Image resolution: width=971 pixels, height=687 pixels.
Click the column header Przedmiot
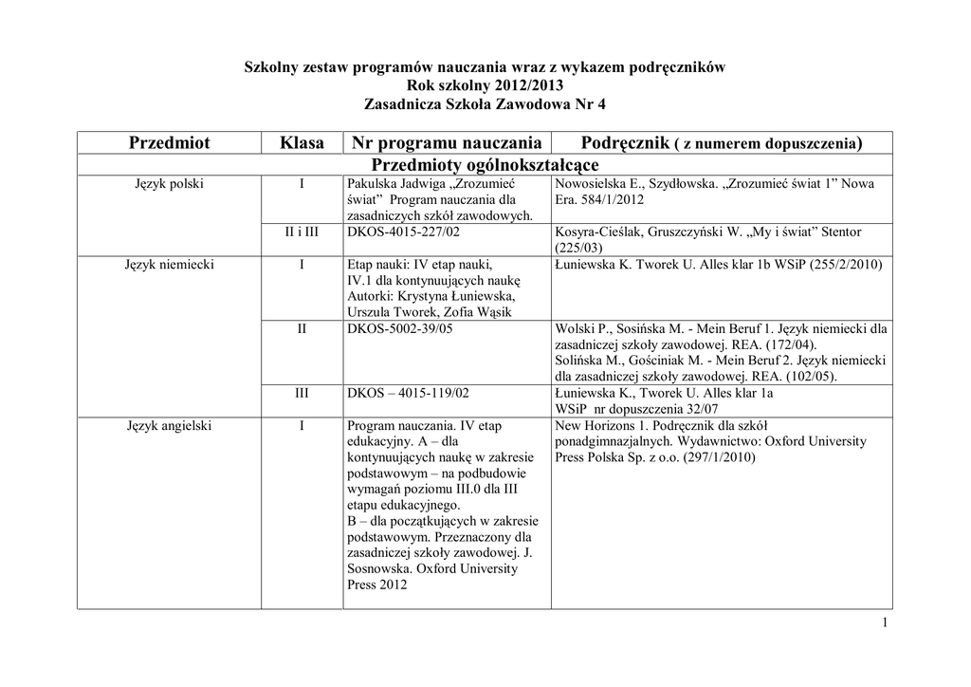point(170,143)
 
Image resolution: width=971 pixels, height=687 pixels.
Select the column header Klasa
point(302,143)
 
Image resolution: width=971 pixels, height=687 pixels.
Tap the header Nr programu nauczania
point(446,143)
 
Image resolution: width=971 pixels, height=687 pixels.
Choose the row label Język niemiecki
point(170,265)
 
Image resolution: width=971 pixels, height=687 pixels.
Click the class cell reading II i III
point(302,232)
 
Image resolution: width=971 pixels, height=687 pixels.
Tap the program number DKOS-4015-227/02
point(398,232)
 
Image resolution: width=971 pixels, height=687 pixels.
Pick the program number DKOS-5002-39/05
point(399,329)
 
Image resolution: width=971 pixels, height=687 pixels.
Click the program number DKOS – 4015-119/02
point(408,392)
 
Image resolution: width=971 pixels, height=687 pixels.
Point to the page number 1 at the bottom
point(884,622)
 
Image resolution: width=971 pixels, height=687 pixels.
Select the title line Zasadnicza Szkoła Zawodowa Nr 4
point(485,102)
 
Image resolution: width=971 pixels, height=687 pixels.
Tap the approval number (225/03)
point(578,248)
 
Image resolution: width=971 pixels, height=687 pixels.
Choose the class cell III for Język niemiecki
point(302,392)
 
